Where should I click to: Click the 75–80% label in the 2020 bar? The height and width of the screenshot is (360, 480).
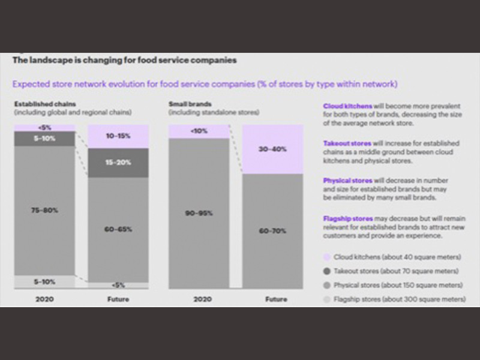[x=44, y=209]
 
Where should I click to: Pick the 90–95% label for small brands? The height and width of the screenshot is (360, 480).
[x=198, y=213]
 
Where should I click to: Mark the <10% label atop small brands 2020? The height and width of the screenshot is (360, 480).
[x=198, y=131]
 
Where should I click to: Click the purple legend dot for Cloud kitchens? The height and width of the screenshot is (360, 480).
[x=326, y=257]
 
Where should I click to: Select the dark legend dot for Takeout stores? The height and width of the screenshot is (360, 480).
[x=326, y=271]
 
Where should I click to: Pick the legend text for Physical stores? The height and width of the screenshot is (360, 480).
[x=397, y=285]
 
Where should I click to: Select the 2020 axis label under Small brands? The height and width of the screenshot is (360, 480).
[x=198, y=299]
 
